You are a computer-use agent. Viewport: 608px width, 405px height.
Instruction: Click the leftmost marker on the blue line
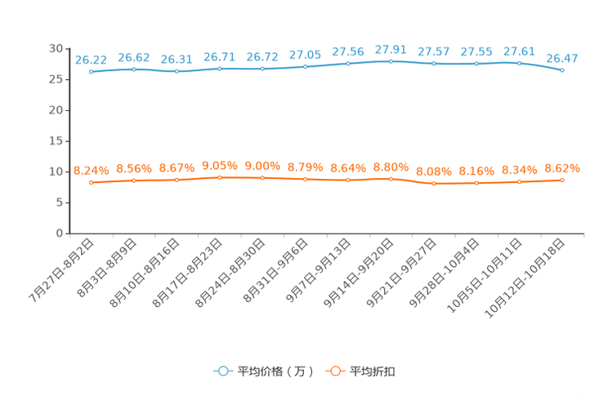pyautogui.click(x=91, y=72)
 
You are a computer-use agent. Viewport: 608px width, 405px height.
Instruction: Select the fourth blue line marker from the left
pyautogui.click(x=220, y=69)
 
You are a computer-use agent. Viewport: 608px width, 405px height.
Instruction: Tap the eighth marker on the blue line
pyautogui.click(x=391, y=61)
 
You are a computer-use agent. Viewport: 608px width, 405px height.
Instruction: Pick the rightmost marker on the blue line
pyautogui.click(x=562, y=71)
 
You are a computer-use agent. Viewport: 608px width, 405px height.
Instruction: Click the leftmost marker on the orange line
pyautogui.click(x=91, y=183)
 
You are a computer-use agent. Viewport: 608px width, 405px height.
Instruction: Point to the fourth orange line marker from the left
pyautogui.click(x=220, y=177)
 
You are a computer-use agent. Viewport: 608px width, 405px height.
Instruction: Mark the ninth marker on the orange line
pyautogui.click(x=434, y=184)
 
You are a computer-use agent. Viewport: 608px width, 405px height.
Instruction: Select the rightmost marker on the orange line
pyautogui.click(x=562, y=180)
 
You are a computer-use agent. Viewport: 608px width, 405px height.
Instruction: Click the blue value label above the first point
pyautogui.click(x=91, y=60)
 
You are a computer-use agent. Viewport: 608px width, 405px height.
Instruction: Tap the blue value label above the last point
pyautogui.click(x=562, y=58)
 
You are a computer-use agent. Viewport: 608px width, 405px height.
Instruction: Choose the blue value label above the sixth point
pyautogui.click(x=306, y=55)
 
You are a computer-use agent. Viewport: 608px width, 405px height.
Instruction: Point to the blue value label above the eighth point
pyautogui.click(x=391, y=49)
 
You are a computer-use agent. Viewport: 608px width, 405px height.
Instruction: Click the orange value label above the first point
pyautogui.click(x=91, y=171)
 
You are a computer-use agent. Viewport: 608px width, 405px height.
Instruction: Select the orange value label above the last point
pyautogui.click(x=562, y=168)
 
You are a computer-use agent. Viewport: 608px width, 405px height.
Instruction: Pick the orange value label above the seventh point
pyautogui.click(x=348, y=167)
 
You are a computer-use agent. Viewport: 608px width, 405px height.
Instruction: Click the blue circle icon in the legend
pyautogui.click(x=222, y=371)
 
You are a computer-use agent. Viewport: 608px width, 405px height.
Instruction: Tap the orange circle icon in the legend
pyautogui.click(x=334, y=371)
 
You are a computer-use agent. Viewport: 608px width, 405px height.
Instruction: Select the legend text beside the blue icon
pyautogui.click(x=273, y=372)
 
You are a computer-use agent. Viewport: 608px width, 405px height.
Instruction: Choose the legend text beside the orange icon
pyautogui.click(x=373, y=372)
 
